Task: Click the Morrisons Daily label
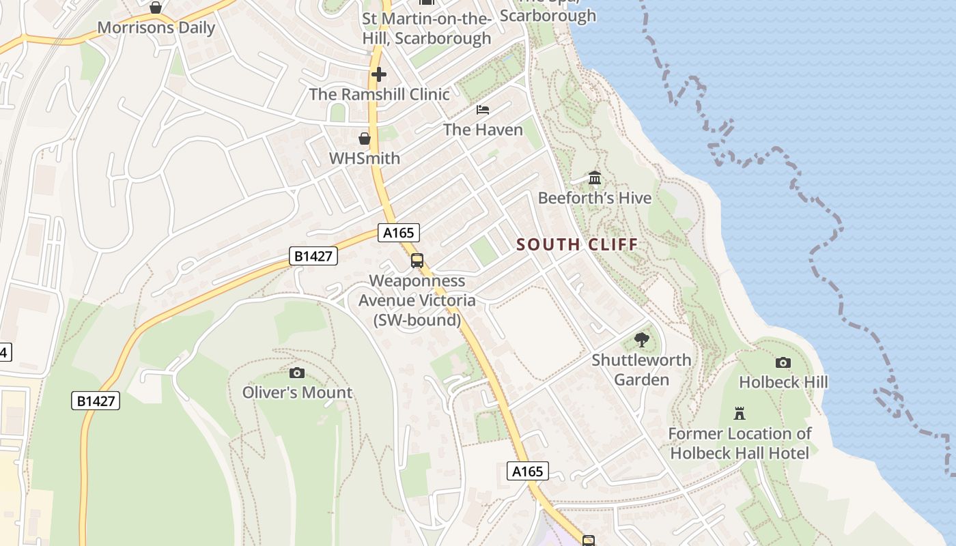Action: coord(156,28)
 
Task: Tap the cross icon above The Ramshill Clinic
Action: coord(378,74)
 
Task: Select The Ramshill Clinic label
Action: coord(380,94)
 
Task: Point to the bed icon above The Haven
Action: coord(483,110)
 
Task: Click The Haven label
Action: coord(483,130)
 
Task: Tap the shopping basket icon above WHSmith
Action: coord(365,139)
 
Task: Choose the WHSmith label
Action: coord(365,158)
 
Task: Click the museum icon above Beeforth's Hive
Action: coord(595,178)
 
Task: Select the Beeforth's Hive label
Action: coord(595,198)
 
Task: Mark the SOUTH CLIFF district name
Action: coord(577,244)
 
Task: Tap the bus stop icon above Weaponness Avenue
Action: coord(417,261)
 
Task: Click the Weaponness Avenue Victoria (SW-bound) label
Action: coord(417,300)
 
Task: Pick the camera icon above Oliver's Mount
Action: coord(297,373)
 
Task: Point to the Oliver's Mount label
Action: coord(297,392)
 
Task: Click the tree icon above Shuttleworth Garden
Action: coord(641,340)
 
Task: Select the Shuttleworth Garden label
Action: coord(641,369)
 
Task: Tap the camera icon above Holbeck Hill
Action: coord(783,362)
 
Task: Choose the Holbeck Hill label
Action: coord(783,382)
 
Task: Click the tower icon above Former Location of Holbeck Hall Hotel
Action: coord(739,414)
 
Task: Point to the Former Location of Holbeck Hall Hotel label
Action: coord(740,443)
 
